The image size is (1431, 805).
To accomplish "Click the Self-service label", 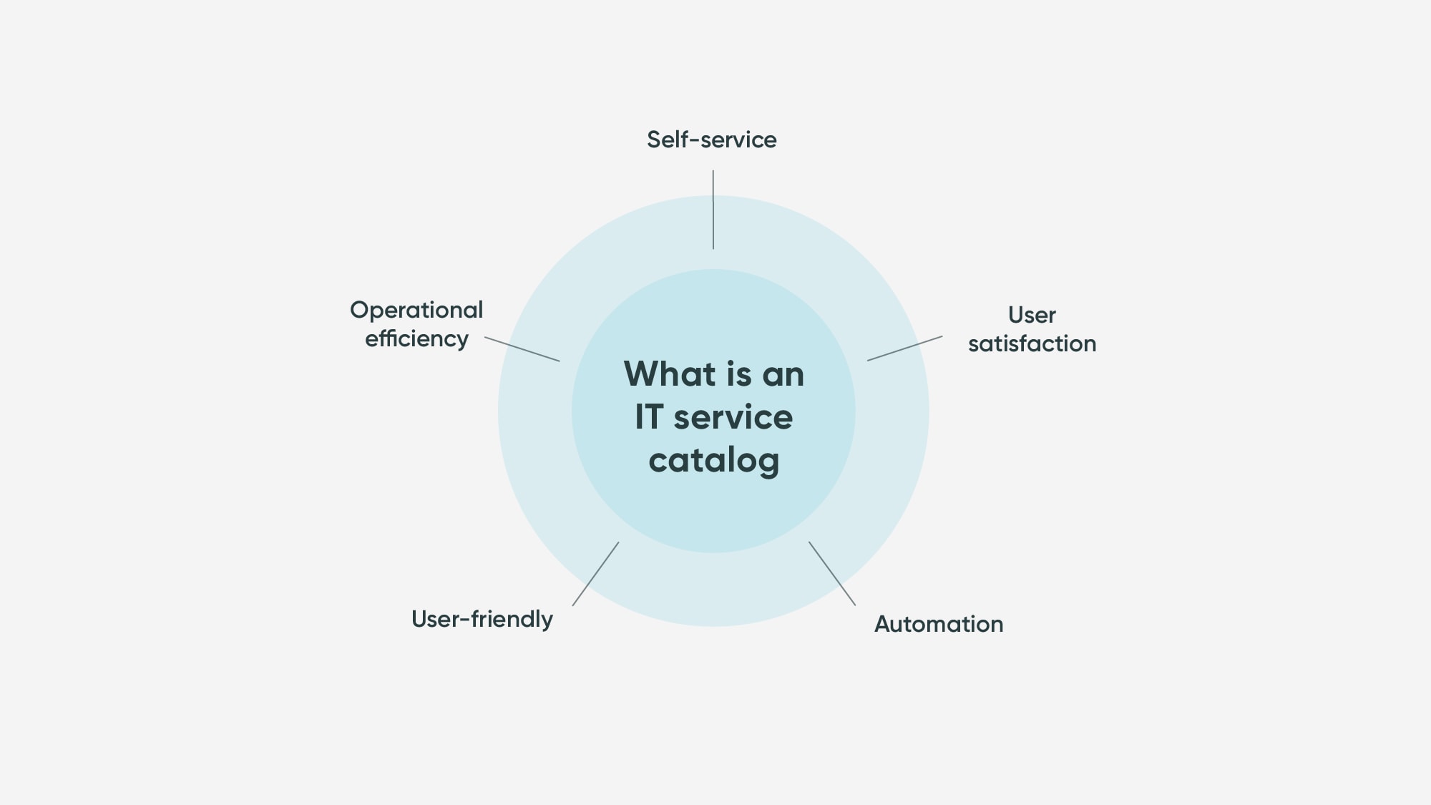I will pos(711,140).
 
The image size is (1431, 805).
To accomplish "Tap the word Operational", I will pos(416,311).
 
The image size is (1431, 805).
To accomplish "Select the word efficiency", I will pos(416,338).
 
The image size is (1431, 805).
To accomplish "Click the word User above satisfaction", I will pos(1032,315).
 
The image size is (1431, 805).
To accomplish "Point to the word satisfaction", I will pos(1032,343).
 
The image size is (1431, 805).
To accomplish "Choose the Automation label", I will pos(939,624).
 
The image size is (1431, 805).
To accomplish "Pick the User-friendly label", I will pos(482,619).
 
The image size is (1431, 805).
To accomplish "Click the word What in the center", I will pos(669,374).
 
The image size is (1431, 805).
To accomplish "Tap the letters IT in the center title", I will pos(648,417).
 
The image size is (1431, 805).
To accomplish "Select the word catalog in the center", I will pos(713,460).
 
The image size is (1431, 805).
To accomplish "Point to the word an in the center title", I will pos(783,375).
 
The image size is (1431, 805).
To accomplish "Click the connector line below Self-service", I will pos(713,210).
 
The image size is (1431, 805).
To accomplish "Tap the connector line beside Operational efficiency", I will pos(522,348).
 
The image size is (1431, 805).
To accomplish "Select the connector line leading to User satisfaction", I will pos(904,348).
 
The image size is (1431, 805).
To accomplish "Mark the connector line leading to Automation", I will pos(832,573).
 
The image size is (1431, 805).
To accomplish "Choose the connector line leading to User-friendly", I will pos(595,574).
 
